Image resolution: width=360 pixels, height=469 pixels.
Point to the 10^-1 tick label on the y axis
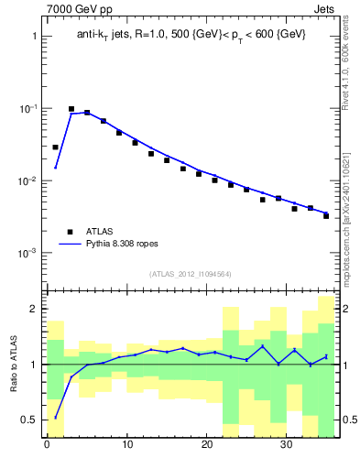click(x=28, y=109)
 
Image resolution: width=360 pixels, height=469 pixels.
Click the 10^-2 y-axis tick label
click(x=28, y=181)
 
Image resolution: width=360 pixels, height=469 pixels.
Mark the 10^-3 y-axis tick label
click(x=28, y=253)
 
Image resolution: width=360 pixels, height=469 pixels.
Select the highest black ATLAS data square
click(x=71, y=109)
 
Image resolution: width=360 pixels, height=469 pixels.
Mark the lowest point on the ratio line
click(x=55, y=418)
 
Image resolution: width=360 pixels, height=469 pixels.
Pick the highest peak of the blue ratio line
click(x=263, y=345)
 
